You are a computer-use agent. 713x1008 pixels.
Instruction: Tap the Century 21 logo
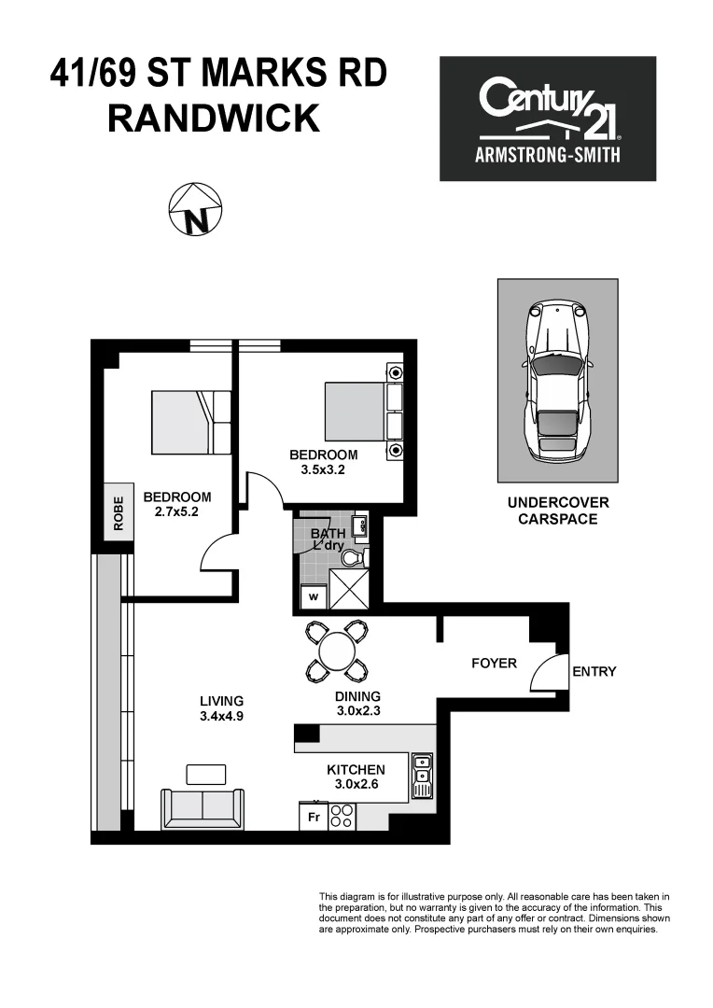[548, 119]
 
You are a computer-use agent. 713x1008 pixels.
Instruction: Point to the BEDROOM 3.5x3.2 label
[324, 462]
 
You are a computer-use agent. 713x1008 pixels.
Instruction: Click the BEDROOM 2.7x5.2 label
[176, 505]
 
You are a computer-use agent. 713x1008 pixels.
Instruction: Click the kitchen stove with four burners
[342, 817]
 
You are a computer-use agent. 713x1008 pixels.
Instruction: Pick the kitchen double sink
[423, 775]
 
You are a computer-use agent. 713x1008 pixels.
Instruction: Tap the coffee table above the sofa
[206, 774]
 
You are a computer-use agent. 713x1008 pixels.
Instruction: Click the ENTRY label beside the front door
[594, 671]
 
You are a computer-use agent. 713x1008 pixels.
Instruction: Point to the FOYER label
[494, 663]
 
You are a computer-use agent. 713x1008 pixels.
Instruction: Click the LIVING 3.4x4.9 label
[221, 708]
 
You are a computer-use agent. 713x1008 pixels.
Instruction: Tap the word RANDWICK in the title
[214, 119]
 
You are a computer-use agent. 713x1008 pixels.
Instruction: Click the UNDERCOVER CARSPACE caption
[557, 511]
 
